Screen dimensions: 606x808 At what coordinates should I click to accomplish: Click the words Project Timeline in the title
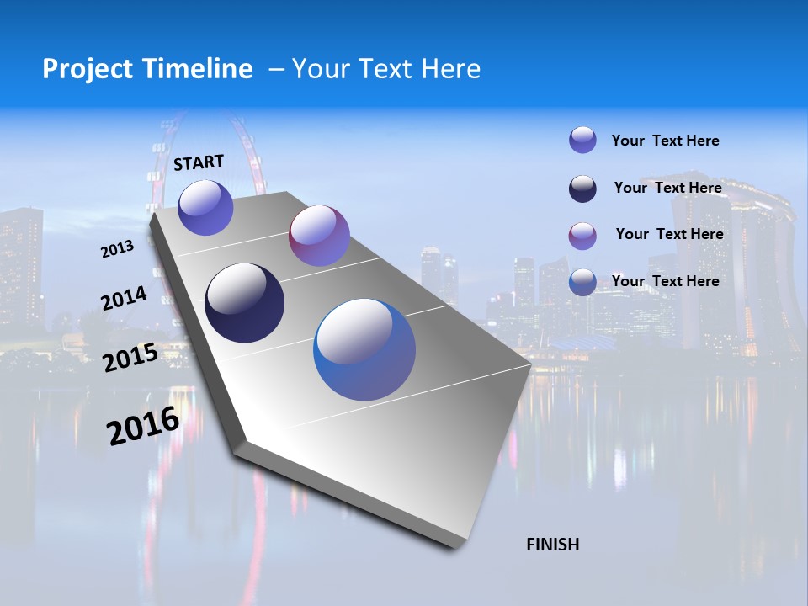click(147, 69)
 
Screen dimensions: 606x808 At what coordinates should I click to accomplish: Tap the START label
click(199, 162)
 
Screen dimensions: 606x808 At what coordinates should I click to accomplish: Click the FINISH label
click(553, 545)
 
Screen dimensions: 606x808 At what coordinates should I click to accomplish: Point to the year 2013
click(117, 249)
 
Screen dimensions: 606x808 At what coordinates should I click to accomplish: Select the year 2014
click(124, 299)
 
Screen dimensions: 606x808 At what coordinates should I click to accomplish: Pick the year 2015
click(130, 358)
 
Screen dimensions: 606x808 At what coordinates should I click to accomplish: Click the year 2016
click(143, 426)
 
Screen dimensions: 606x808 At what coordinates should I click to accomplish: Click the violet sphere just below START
click(205, 208)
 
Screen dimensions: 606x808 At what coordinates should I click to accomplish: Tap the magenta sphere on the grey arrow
click(319, 236)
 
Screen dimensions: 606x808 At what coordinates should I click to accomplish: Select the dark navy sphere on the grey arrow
click(245, 303)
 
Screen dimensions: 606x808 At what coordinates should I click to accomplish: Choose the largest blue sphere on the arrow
click(364, 349)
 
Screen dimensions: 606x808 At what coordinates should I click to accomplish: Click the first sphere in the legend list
click(582, 140)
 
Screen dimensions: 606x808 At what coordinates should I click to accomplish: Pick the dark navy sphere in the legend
click(582, 189)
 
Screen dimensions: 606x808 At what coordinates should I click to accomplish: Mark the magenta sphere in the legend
click(582, 236)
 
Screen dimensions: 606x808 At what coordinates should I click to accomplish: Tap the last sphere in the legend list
click(582, 282)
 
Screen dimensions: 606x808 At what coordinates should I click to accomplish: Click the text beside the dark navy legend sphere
click(667, 188)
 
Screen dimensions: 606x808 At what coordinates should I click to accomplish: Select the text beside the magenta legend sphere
click(669, 234)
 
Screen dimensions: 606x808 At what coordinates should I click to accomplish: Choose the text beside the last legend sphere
click(665, 281)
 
